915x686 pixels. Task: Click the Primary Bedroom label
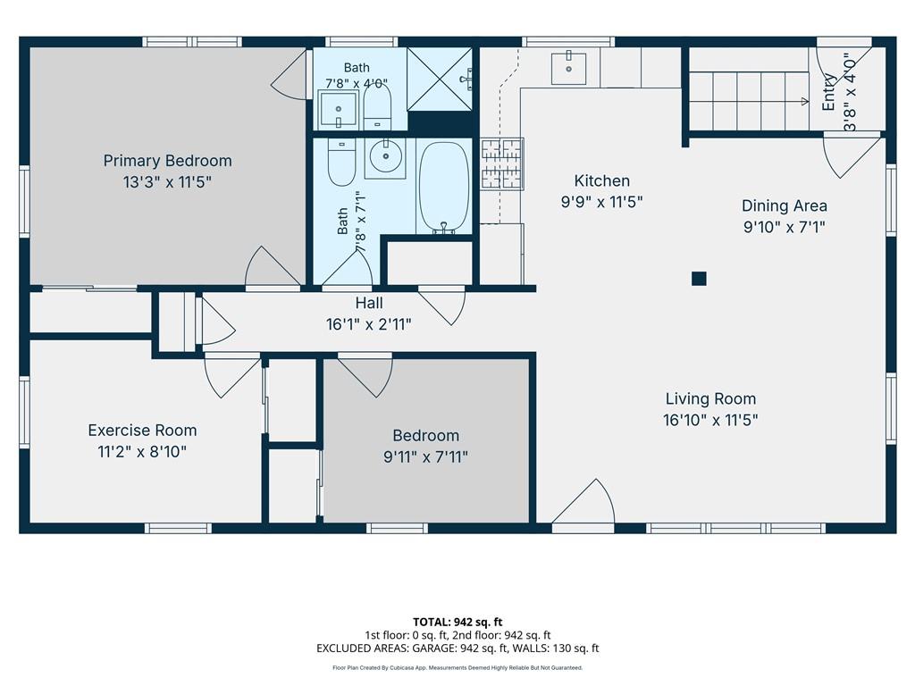coord(167,161)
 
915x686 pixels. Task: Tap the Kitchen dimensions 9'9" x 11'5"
coord(601,202)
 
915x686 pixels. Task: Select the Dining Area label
coord(785,206)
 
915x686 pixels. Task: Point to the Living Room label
coord(710,399)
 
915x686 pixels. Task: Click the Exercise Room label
coord(142,431)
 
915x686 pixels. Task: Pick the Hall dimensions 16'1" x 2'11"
coord(369,324)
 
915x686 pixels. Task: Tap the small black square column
coord(699,279)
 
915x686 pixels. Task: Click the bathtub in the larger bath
coord(444,188)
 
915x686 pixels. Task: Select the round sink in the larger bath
coord(385,156)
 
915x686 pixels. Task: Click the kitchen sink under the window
coord(569,68)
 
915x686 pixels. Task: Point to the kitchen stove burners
coord(502,164)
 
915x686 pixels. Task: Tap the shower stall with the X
coord(440,79)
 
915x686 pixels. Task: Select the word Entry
coord(828,92)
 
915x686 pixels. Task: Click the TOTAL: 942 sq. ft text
coord(457,622)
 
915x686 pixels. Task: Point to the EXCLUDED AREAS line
coord(457,648)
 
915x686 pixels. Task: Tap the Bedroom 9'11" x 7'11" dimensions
coord(426,456)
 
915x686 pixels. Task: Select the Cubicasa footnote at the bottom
coord(457,668)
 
